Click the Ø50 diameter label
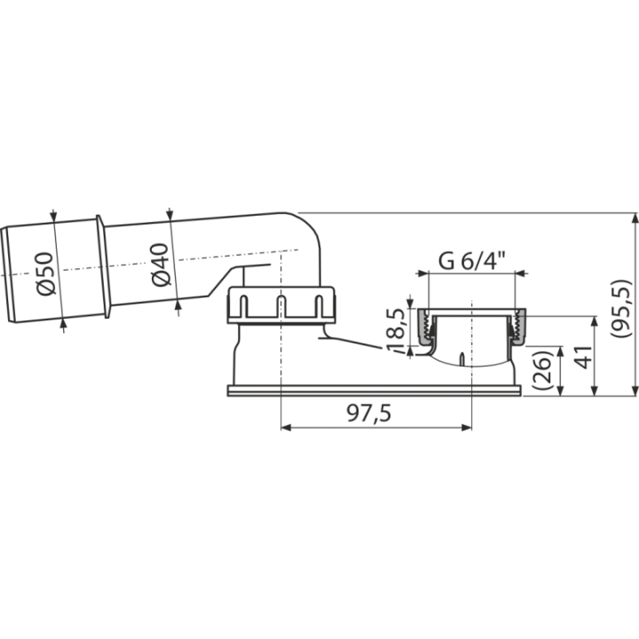click(44, 274)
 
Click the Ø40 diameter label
click(160, 264)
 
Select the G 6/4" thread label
click(472, 261)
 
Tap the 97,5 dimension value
click(369, 414)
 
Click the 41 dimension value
click(585, 358)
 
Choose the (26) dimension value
click(542, 370)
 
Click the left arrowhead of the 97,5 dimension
click(286, 428)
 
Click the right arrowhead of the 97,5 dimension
click(467, 428)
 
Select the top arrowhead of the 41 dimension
click(594, 320)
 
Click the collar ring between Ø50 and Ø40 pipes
click(102, 266)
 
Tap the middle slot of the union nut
click(280, 306)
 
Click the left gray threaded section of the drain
click(425, 327)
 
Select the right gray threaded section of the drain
click(518, 327)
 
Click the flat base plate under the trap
click(374, 390)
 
